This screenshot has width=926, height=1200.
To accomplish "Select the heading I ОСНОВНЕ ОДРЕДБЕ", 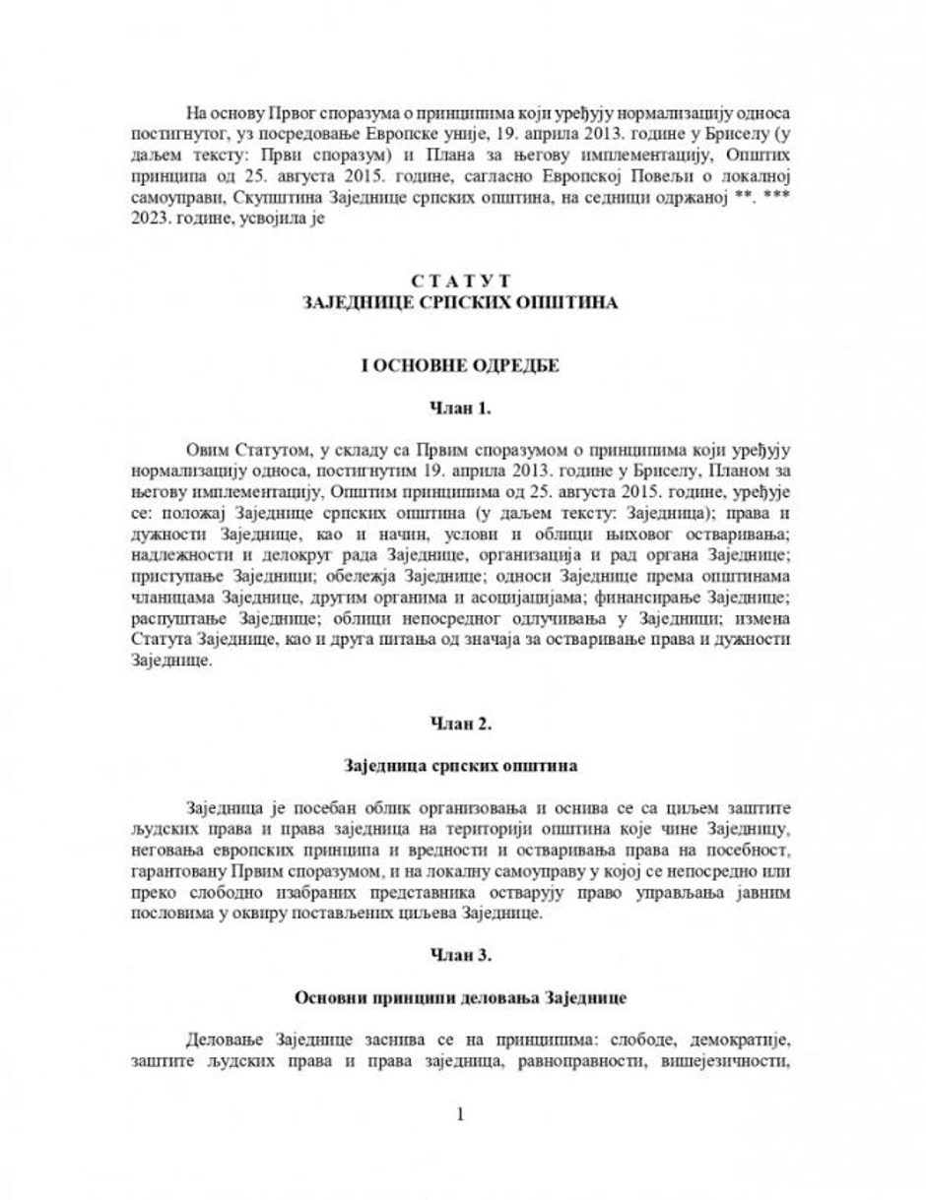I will click(462, 366).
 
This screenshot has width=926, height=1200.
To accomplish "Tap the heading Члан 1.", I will click(462, 407).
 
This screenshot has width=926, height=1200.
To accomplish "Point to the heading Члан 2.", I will click(462, 725).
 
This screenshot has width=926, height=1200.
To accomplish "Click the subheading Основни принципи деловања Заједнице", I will click(462, 997).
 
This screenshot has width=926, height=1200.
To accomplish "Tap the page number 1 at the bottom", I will click(461, 1114).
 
